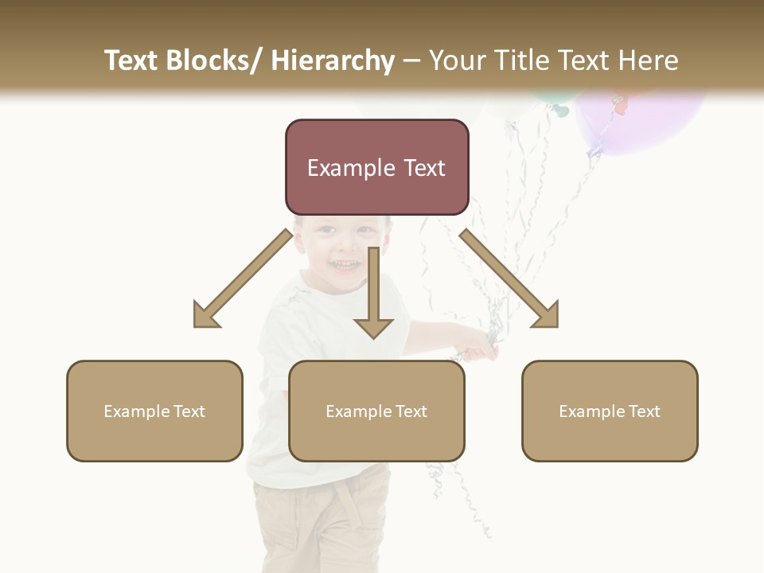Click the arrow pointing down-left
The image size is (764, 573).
(243, 279)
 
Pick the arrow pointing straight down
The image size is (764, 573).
(373, 294)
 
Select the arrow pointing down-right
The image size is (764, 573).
(509, 279)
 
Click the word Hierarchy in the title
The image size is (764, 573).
(333, 60)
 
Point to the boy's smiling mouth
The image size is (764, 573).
(345, 263)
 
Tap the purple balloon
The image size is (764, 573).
(637, 119)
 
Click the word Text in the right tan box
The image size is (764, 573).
(644, 411)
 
